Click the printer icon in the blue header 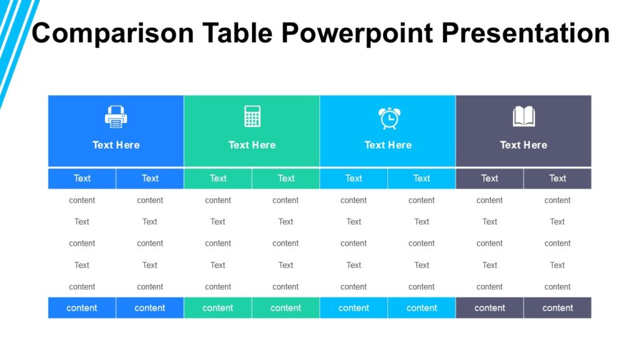pyautogui.click(x=116, y=117)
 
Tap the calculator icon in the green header pyautogui.click(x=252, y=116)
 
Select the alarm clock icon pyautogui.click(x=388, y=117)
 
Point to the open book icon pyautogui.click(x=524, y=116)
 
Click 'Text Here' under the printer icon pyautogui.click(x=116, y=145)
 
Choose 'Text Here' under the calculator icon pyautogui.click(x=252, y=145)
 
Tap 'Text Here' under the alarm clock pyautogui.click(x=388, y=145)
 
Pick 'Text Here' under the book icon pyautogui.click(x=524, y=145)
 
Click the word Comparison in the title pyautogui.click(x=113, y=32)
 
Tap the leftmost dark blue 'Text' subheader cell pyautogui.click(x=82, y=178)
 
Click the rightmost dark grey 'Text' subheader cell pyautogui.click(x=557, y=178)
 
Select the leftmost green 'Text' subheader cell pyautogui.click(x=218, y=178)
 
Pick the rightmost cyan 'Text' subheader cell pyautogui.click(x=422, y=178)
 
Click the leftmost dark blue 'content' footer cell pyautogui.click(x=82, y=307)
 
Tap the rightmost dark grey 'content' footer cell pyautogui.click(x=557, y=307)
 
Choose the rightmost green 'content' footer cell pyautogui.click(x=286, y=307)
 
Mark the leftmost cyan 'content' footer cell pyautogui.click(x=354, y=307)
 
